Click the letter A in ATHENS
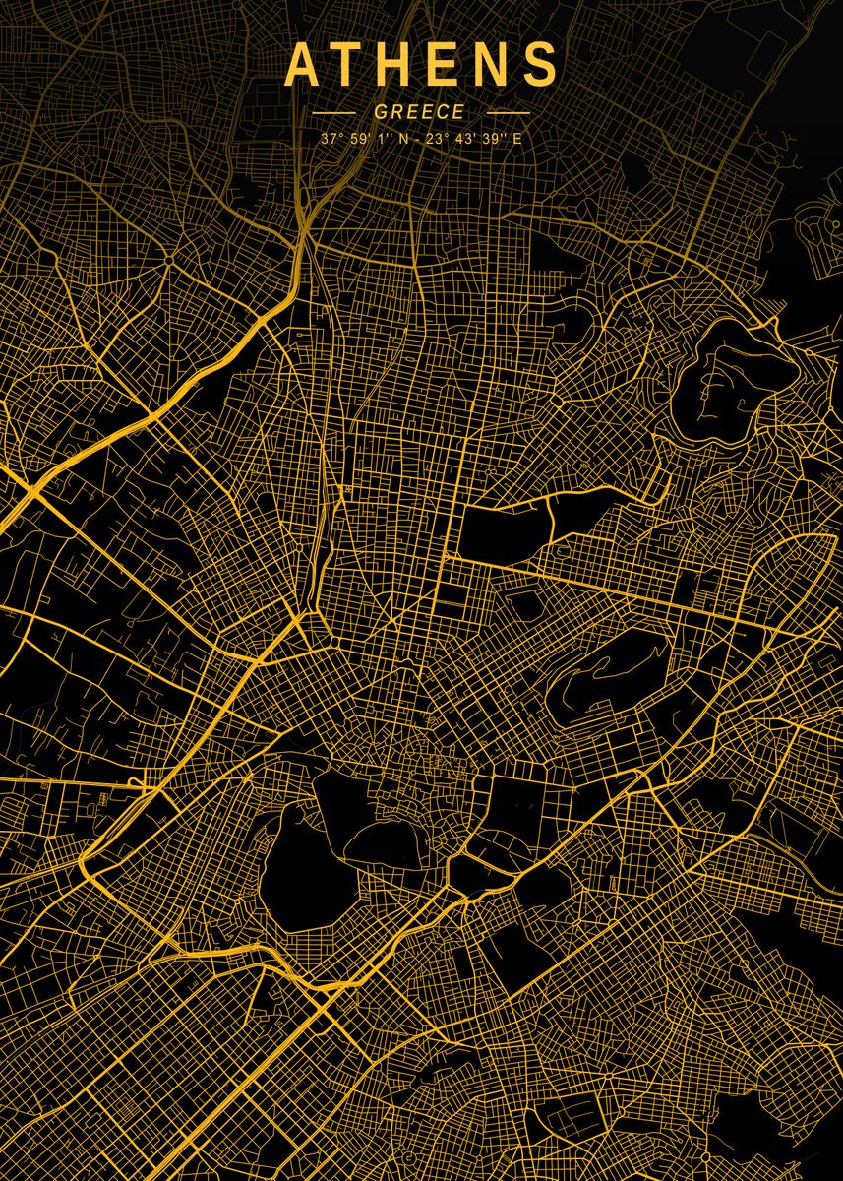point(302,65)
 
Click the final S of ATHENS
point(540,65)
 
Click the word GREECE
point(419,112)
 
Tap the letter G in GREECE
point(381,112)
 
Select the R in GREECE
point(396,112)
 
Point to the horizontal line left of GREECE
point(332,113)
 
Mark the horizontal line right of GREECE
point(508,113)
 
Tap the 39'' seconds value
point(492,139)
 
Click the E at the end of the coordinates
point(516,139)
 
